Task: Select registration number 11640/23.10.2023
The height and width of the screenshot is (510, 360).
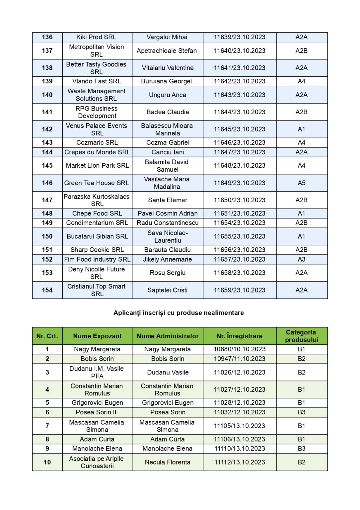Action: click(x=239, y=51)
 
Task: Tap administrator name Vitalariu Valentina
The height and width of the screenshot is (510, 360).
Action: click(x=168, y=68)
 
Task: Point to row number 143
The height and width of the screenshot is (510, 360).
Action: click(x=47, y=143)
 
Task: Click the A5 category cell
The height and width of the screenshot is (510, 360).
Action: click(x=301, y=183)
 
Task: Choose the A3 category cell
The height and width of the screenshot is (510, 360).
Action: click(x=301, y=259)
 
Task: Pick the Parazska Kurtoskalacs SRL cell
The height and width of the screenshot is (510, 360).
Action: click(x=97, y=200)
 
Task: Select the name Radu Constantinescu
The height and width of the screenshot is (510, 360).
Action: click(x=168, y=223)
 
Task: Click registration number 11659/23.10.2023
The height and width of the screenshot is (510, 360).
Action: click(x=239, y=290)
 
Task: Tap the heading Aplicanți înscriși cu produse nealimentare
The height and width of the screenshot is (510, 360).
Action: click(x=179, y=313)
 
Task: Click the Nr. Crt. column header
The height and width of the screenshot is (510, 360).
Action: click(x=47, y=336)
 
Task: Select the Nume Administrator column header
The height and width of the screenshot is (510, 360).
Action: click(x=168, y=336)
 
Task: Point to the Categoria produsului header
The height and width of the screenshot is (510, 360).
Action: click(x=301, y=336)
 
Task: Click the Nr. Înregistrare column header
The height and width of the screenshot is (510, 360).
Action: click(x=239, y=336)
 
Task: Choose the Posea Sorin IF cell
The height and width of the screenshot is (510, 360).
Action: click(x=97, y=412)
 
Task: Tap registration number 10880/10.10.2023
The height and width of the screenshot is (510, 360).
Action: click(x=239, y=349)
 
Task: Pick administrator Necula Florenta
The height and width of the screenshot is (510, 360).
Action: click(x=168, y=462)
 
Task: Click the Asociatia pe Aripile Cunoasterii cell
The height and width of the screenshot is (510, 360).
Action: click(x=97, y=462)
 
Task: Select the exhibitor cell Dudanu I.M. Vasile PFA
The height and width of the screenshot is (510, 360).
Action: click(x=97, y=373)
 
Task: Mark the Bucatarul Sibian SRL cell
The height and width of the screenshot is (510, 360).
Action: click(x=97, y=236)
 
